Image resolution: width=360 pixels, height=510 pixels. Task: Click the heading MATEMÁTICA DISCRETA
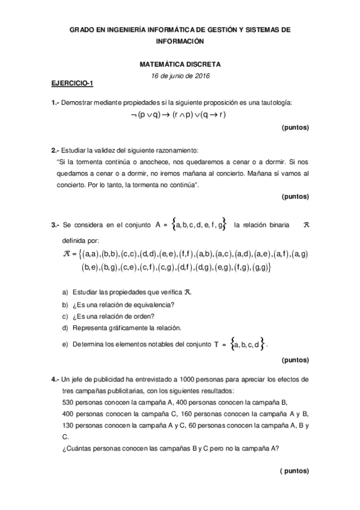(x=180, y=63)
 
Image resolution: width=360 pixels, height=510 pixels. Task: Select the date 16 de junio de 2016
(x=180, y=75)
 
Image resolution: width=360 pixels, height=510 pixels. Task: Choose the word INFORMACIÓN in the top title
(x=180, y=41)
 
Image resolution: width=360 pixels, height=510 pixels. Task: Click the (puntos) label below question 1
(x=294, y=128)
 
